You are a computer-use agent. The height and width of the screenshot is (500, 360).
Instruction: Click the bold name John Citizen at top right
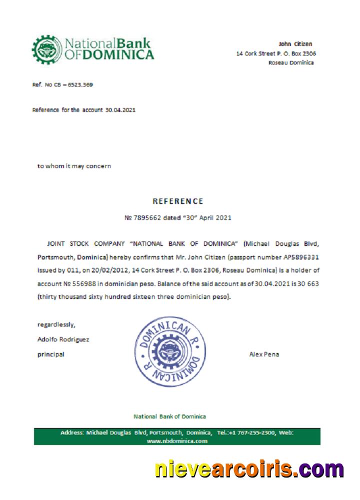point(295,44)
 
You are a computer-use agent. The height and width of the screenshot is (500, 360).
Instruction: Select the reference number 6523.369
point(80,84)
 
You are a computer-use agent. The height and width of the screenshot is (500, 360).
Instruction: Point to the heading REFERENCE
point(178,201)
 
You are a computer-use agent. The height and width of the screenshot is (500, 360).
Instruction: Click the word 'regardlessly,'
point(56,324)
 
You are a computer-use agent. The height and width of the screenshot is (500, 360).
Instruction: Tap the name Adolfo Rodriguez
point(63,339)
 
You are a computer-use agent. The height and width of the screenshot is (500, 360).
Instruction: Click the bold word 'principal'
point(50,354)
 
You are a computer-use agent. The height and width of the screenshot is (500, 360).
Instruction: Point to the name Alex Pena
point(264,354)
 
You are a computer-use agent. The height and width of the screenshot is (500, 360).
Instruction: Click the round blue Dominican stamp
point(170,351)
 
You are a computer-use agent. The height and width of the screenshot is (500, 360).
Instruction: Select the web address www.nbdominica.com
point(177,441)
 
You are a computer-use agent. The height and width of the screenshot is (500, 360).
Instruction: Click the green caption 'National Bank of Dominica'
point(169,416)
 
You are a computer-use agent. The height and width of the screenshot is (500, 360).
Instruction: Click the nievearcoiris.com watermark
point(249,469)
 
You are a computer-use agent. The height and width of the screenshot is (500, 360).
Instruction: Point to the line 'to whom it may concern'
point(74,166)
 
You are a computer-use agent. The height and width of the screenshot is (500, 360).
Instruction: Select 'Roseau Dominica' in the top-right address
point(291,62)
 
